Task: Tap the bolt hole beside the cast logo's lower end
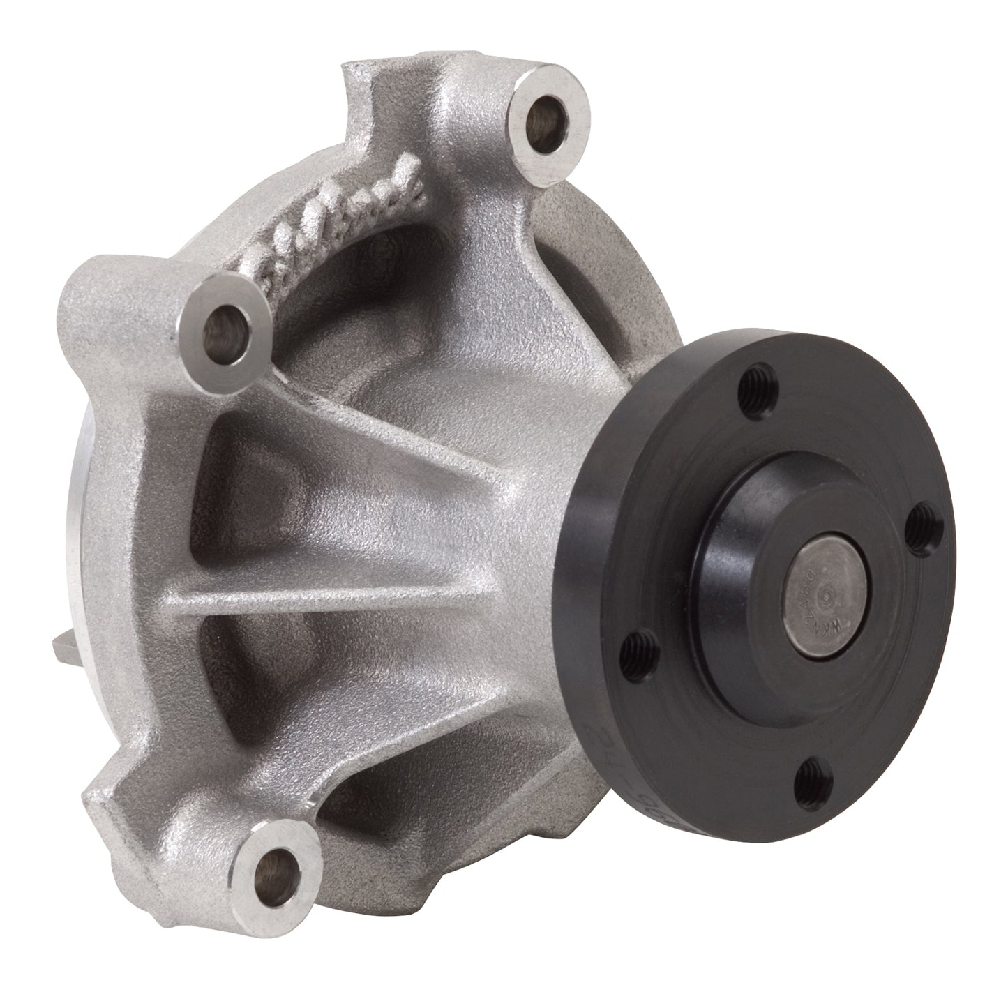point(224,326)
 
